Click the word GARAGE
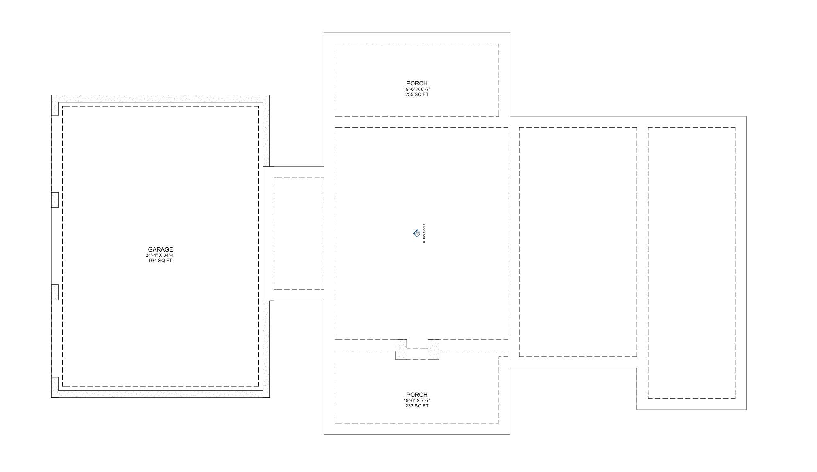pos(160,249)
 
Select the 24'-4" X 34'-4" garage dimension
pos(160,255)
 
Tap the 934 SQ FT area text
pos(160,261)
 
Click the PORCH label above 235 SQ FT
pos(416,83)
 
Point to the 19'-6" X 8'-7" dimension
pos(416,89)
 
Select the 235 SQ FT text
pos(416,94)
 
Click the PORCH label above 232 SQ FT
pos(416,394)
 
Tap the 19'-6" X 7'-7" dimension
pos(416,400)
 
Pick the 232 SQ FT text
pos(416,406)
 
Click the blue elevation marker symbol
pos(416,233)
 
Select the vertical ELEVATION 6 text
pos(425,233)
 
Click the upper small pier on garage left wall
pos(54,200)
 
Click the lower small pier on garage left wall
pos(54,292)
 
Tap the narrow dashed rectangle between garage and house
pos(299,233)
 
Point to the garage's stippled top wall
pos(160,99)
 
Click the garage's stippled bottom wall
pos(160,393)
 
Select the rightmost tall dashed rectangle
pos(691,263)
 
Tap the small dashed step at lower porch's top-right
pos(504,354)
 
